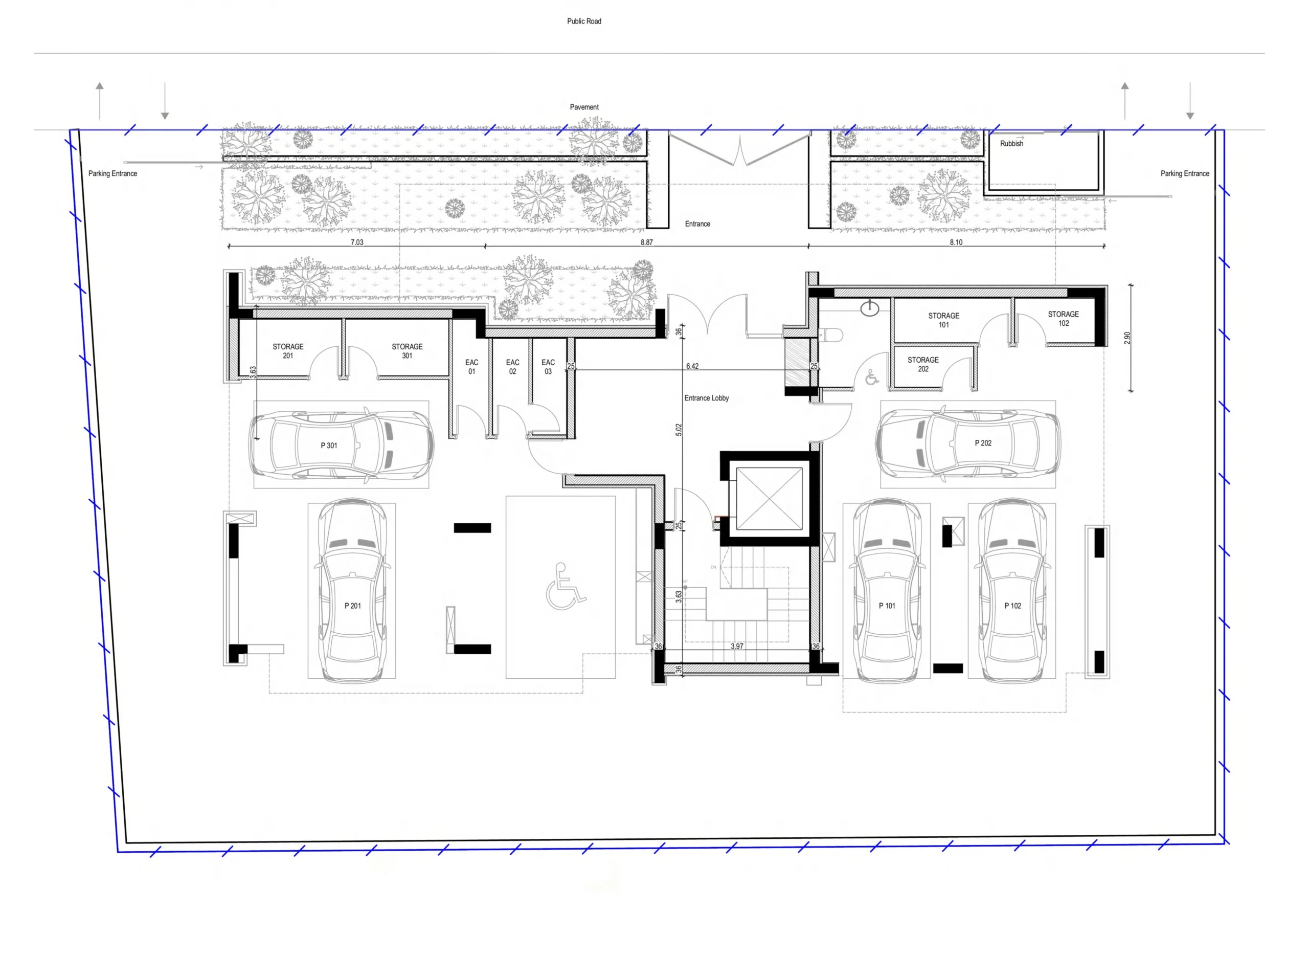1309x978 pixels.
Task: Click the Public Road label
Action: [584, 21]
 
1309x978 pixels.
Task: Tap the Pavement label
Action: [584, 107]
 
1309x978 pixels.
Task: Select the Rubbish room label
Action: [1011, 143]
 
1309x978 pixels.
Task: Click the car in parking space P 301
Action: [342, 444]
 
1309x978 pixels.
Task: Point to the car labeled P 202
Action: [968, 442]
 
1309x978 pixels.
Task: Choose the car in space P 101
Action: [887, 591]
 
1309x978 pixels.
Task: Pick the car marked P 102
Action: [1012, 591]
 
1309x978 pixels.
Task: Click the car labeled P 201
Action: [352, 591]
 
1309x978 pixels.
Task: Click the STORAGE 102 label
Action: [1063, 319]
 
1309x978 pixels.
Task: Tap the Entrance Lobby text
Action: [706, 398]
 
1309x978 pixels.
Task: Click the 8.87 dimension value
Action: [646, 242]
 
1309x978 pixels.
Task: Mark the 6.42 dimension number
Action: [692, 366]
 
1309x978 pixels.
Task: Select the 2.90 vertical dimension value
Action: [1127, 338]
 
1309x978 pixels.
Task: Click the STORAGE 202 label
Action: [922, 364]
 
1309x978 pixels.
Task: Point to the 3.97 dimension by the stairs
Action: [737, 647]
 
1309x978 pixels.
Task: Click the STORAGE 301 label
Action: [407, 351]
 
